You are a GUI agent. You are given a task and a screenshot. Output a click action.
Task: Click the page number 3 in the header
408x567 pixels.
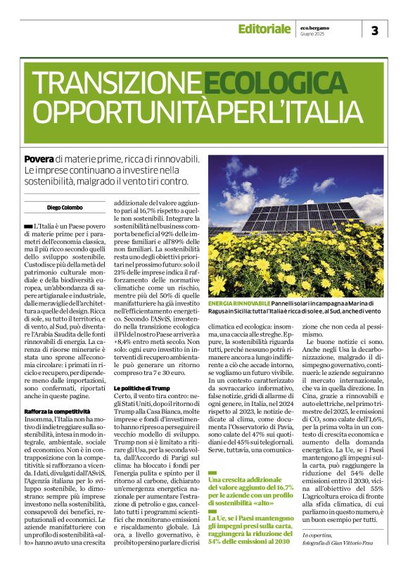tap(374, 30)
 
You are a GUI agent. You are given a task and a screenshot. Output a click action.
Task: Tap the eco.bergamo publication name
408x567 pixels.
tap(313, 25)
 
